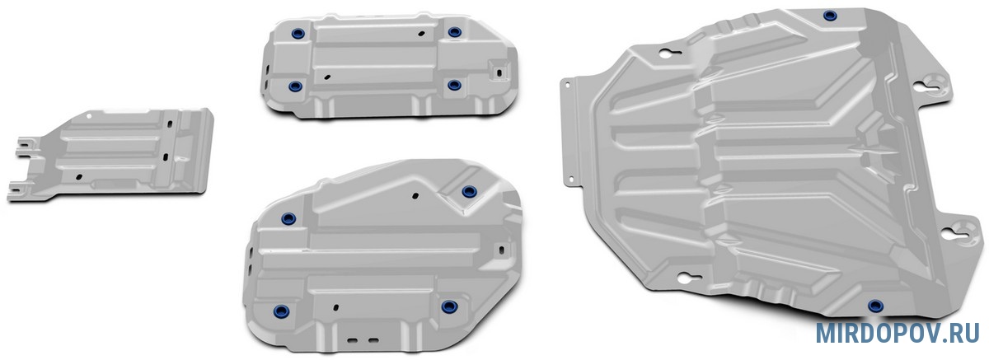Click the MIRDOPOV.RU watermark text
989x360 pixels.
click(x=897, y=333)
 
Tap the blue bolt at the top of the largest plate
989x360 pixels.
click(x=830, y=16)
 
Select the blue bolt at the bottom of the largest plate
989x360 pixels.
click(x=875, y=306)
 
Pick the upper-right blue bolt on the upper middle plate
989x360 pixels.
click(x=455, y=32)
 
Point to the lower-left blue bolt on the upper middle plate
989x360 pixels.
click(x=295, y=86)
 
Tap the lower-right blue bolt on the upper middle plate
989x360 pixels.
click(x=454, y=85)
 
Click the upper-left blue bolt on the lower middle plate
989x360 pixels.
click(x=288, y=218)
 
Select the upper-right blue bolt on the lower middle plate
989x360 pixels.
click(x=469, y=191)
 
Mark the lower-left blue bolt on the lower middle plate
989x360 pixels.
click(x=281, y=311)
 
